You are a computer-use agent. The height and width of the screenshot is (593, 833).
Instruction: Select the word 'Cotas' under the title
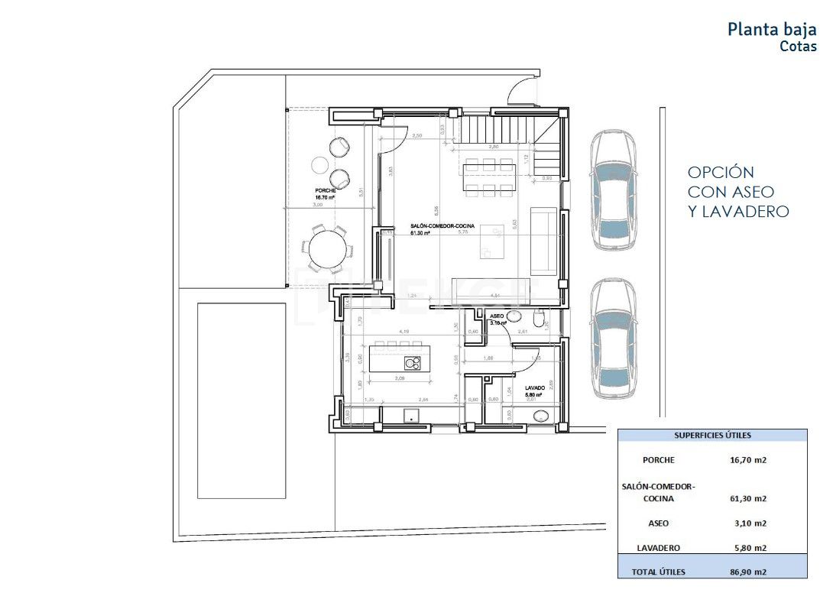click(x=798, y=47)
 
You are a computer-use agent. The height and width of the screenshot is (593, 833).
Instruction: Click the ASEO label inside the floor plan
click(x=497, y=315)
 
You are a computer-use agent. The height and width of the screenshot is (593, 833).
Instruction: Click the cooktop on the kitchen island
click(x=413, y=364)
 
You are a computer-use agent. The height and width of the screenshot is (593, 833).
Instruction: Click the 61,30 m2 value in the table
click(x=747, y=499)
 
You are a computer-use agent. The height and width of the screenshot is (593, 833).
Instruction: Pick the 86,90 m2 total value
click(x=747, y=572)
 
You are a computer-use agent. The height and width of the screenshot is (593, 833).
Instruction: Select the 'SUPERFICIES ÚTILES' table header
click(x=712, y=436)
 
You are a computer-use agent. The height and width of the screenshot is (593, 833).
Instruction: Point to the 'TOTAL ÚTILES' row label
click(x=658, y=572)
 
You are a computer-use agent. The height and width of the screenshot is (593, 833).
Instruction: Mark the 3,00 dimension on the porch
click(x=319, y=205)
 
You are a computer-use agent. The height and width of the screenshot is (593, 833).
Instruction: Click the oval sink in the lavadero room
click(x=542, y=416)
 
